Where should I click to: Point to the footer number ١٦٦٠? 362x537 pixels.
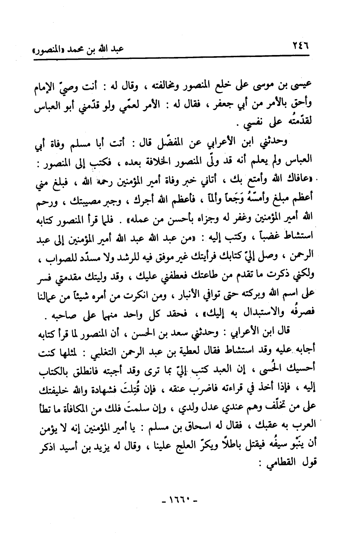pos(180,500)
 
